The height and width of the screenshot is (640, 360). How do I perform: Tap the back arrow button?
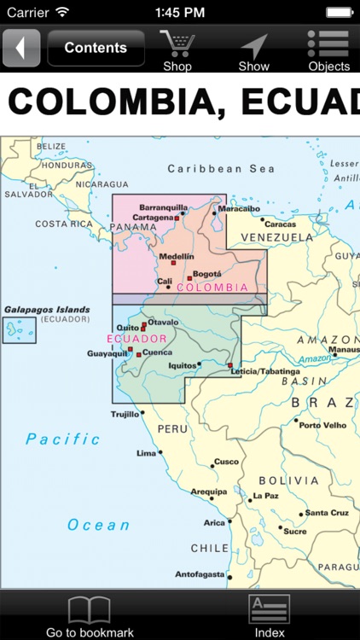(21, 48)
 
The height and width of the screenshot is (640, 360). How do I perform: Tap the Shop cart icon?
(177, 44)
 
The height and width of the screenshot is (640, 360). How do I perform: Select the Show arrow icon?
(253, 46)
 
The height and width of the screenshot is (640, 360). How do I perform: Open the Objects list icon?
(328, 44)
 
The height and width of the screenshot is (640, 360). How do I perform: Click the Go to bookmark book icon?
(90, 609)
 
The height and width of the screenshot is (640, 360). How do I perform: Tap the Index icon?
(270, 609)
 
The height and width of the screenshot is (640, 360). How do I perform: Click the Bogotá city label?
(207, 274)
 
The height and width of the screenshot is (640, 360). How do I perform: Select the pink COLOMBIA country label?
(212, 288)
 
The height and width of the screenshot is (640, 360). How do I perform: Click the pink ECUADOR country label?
(136, 339)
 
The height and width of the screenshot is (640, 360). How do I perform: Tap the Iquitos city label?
(183, 365)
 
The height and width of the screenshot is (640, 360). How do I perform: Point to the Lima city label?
(147, 453)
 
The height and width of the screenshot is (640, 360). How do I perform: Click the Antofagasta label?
(200, 574)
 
